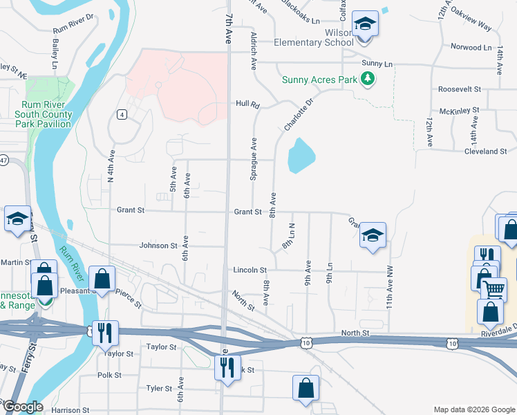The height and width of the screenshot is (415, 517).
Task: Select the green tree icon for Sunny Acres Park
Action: [x=369, y=80]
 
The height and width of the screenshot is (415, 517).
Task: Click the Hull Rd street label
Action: [x=247, y=104]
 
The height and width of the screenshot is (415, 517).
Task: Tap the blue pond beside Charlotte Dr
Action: [x=301, y=156]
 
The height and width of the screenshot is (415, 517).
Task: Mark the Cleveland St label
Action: [x=485, y=151]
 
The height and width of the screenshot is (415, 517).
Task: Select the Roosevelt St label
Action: [x=459, y=89]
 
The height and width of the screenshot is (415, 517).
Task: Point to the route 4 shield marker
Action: [x=121, y=114]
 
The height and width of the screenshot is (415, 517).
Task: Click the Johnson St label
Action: [x=158, y=246]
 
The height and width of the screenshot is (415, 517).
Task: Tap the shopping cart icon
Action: [x=493, y=289]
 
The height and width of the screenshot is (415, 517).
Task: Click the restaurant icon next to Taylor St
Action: [x=105, y=333]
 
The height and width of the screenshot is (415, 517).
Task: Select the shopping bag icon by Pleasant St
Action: [x=102, y=280]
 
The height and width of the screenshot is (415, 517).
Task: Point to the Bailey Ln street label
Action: [x=55, y=54]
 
